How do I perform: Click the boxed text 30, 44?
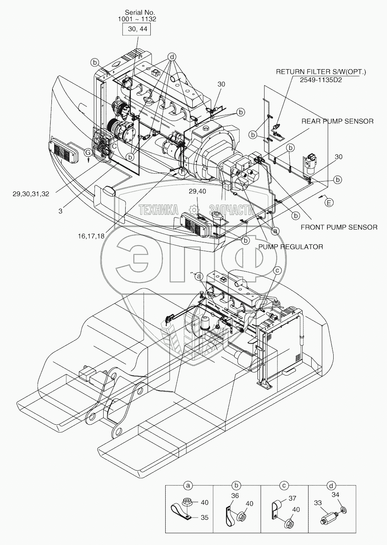pyautogui.click(x=137, y=29)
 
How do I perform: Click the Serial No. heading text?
pyautogui.click(x=137, y=12)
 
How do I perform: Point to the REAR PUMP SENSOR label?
pyautogui.click(x=337, y=121)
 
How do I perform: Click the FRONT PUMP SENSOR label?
pyautogui.click(x=339, y=227)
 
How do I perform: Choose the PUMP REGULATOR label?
pyautogui.click(x=290, y=247)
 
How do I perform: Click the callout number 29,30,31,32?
pyautogui.click(x=30, y=194)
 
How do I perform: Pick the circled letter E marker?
pyautogui.click(x=329, y=202)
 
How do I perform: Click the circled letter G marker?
pyautogui.click(x=88, y=152)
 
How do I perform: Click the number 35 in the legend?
pyautogui.click(x=204, y=517)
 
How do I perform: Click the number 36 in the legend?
pyautogui.click(x=235, y=496)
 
